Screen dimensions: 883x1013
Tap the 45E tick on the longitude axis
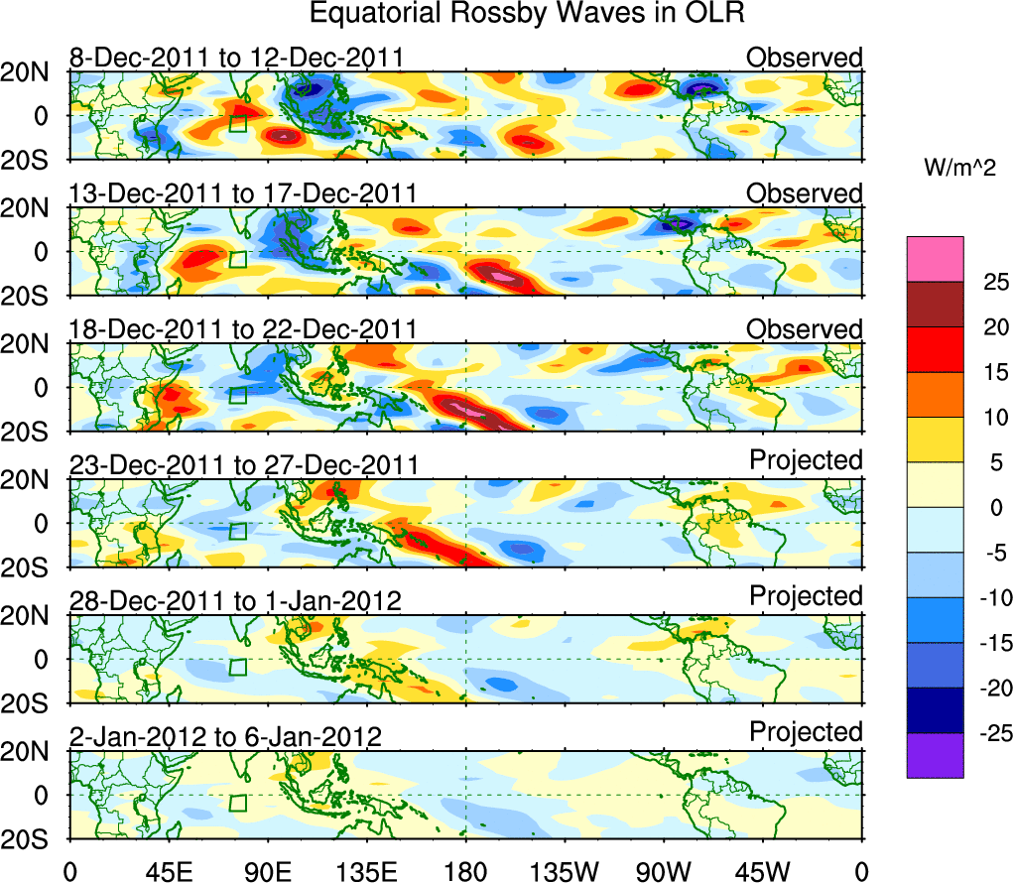pos(167,872)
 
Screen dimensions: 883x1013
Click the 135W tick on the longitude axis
pos(564,872)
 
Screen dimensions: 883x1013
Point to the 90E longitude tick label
pos(266,872)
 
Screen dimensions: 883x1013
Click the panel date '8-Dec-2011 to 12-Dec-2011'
pos(236,58)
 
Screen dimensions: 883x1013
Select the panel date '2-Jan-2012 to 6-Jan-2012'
pos(225,737)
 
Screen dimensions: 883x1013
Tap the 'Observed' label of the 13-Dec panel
pos(805,193)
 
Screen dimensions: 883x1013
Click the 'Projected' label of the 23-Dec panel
pos(806,460)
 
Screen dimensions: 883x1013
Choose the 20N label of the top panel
pos(33,71)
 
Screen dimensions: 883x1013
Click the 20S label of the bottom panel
pos(33,839)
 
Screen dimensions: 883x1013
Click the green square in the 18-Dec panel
pos(237,395)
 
